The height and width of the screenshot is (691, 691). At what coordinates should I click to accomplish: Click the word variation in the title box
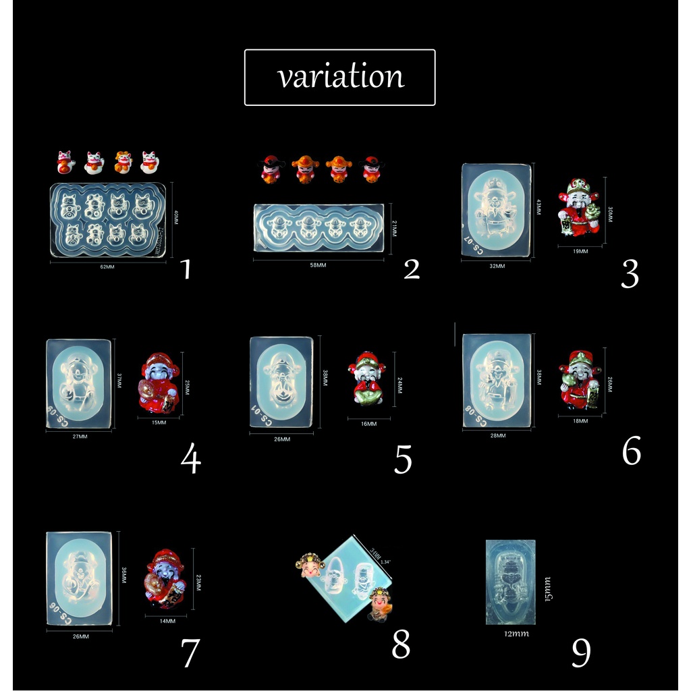tap(340, 77)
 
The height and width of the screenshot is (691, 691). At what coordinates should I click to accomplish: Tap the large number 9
tap(581, 652)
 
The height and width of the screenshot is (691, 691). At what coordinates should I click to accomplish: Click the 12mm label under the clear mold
tap(516, 634)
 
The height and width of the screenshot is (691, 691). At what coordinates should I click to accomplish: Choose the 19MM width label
tap(580, 251)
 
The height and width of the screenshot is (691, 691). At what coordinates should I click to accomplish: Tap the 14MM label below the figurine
tap(167, 621)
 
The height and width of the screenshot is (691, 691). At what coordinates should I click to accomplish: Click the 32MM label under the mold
tap(497, 266)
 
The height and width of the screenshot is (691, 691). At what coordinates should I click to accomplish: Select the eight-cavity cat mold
tap(108, 219)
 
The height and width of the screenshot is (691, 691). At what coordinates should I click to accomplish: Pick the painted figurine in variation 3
tap(579, 207)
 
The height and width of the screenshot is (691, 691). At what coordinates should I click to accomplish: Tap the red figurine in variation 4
tap(159, 383)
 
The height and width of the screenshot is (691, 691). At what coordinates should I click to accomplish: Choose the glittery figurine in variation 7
tap(165, 579)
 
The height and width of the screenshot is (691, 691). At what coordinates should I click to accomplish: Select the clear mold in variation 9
tap(510, 582)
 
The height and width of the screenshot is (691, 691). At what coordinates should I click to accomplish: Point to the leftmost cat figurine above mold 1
tap(65, 163)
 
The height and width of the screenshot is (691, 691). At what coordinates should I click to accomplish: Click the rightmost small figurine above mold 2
tap(371, 169)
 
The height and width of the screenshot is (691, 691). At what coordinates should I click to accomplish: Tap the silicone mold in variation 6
tap(497, 381)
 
